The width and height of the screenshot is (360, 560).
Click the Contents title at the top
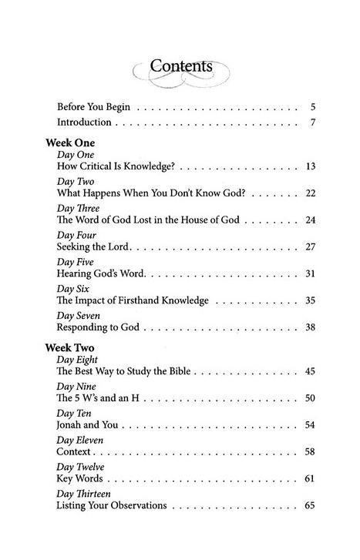[181, 67]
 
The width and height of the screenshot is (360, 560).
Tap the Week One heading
[70, 143]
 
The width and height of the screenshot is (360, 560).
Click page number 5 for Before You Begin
[313, 106]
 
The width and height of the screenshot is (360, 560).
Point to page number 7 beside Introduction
[313, 122]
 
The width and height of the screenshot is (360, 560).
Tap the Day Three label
[79, 208]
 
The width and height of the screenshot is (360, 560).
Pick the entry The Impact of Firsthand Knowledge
[133, 300]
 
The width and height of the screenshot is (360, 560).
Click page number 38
[310, 327]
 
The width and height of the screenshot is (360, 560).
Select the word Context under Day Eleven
[74, 451]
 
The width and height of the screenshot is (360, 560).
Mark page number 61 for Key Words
[310, 478]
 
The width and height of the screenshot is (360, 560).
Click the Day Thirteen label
[85, 494]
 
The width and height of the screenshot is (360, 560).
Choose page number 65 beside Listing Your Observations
[310, 505]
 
